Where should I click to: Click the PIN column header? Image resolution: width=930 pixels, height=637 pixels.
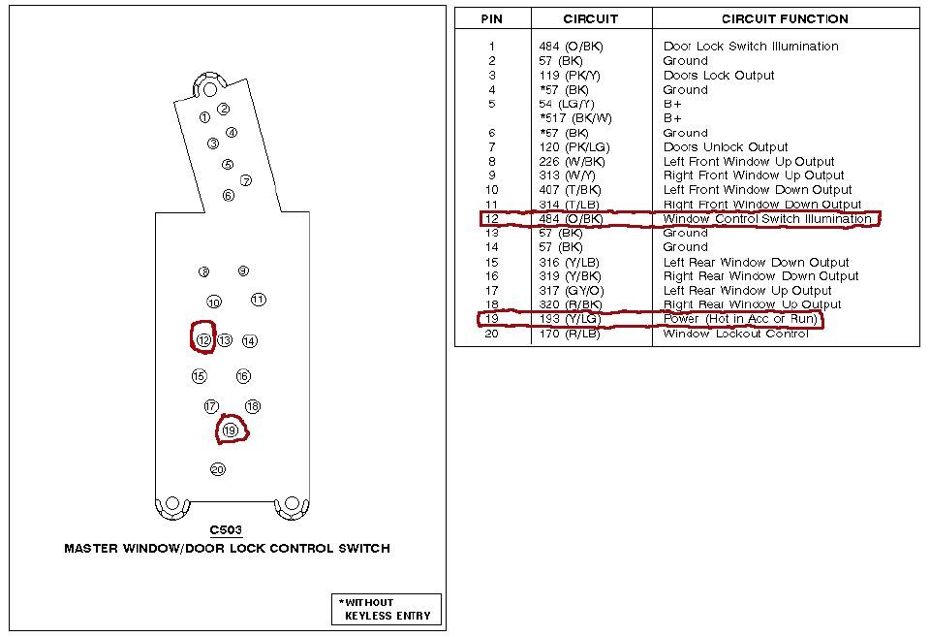[491, 18]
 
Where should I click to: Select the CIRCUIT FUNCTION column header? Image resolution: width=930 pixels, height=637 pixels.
[785, 18]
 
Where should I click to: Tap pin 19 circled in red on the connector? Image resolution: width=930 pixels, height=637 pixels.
[230, 430]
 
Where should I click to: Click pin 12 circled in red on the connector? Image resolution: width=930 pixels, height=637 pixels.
[203, 340]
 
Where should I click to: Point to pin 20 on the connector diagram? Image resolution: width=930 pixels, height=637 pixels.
[217, 469]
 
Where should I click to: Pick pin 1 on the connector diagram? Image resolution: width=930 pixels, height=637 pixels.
[204, 117]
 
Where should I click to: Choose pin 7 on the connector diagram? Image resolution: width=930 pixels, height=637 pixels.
[246, 180]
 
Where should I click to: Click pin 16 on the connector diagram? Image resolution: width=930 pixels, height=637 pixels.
[243, 376]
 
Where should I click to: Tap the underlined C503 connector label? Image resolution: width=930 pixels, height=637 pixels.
[226, 530]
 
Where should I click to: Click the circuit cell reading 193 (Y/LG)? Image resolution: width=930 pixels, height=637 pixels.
[570, 319]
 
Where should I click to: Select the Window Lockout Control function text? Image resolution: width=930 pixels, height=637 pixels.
[735, 334]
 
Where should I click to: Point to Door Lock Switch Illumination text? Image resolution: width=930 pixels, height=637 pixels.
[751, 46]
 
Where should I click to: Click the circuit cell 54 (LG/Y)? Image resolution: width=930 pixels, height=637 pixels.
[567, 104]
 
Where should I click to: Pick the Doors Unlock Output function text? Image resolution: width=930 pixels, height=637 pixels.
[726, 147]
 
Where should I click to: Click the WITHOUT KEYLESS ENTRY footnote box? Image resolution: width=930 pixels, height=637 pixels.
[387, 609]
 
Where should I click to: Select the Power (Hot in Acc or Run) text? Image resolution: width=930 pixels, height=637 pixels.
[740, 319]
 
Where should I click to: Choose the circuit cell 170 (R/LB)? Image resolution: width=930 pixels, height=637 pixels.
[570, 334]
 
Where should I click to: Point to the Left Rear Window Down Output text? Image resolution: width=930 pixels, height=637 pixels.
[756, 262]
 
